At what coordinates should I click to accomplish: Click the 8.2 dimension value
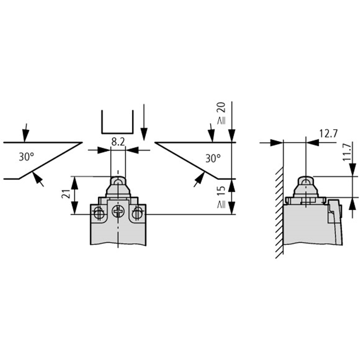pyautogui.click(x=117, y=142)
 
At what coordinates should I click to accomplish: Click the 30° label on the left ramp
pyautogui.click(x=27, y=157)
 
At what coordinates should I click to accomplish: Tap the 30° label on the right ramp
pyautogui.click(x=213, y=158)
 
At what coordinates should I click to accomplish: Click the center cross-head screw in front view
pyautogui.click(x=118, y=211)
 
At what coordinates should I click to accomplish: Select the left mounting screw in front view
pyautogui.click(x=98, y=214)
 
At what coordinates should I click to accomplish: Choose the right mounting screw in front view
pyautogui.click(x=138, y=214)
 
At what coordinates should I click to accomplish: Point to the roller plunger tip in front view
pyautogui.click(x=118, y=181)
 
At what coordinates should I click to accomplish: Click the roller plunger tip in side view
pyautogui.click(x=306, y=181)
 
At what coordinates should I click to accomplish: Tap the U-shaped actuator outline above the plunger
pyautogui.click(x=117, y=121)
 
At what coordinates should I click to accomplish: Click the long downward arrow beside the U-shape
pyautogui.click(x=144, y=121)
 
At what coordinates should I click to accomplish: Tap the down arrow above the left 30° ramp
pyautogui.click(x=26, y=132)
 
